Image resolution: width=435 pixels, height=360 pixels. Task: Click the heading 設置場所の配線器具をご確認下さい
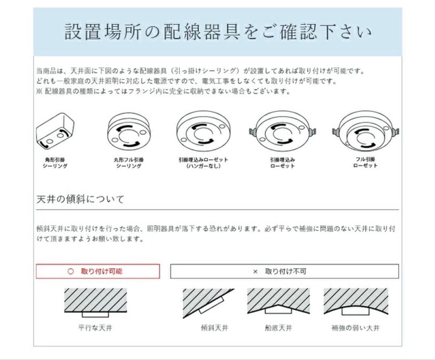coord(217,32)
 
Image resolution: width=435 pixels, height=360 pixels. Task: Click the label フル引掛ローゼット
coord(365,162)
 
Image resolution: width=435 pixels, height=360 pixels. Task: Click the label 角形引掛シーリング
coord(55,163)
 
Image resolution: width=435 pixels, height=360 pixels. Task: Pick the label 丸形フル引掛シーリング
coord(128,163)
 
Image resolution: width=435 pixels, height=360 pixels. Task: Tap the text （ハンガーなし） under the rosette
coord(203,166)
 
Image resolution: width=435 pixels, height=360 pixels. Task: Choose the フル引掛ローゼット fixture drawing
coord(365,131)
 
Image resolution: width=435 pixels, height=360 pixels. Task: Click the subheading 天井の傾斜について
coord(80,199)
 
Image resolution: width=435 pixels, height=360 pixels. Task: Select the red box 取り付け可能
coord(98,271)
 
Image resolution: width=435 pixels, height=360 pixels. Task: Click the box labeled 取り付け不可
coord(284,271)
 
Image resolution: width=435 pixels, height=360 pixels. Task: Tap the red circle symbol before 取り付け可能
coord(71,271)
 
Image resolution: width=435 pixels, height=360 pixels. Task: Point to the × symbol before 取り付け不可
coord(255,272)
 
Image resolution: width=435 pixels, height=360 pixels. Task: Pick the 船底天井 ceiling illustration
coord(278,302)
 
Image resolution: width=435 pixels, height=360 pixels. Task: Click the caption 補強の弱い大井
coord(355,328)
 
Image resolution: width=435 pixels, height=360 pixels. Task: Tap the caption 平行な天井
coord(95,328)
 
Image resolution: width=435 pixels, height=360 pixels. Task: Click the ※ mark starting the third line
coord(39,91)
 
